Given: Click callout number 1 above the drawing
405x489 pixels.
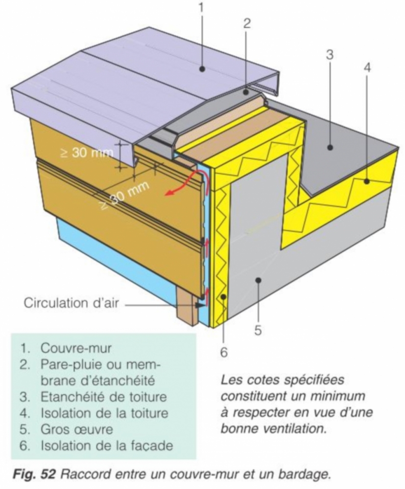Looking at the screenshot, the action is pyautogui.click(x=202, y=8).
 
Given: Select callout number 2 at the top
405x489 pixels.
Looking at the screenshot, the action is pyautogui.click(x=247, y=23).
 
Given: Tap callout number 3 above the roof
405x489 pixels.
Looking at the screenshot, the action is pyautogui.click(x=330, y=55).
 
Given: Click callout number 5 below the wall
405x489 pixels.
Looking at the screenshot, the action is pyautogui.click(x=258, y=330).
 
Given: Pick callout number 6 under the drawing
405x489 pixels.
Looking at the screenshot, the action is pyautogui.click(x=224, y=353).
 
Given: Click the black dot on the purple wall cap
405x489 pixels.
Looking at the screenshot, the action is pyautogui.click(x=202, y=69).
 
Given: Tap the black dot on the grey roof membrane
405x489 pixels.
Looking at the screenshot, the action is pyautogui.click(x=330, y=147).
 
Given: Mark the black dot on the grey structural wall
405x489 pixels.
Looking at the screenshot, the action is pyautogui.click(x=258, y=280).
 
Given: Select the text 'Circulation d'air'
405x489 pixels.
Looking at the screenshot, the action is pyautogui.click(x=71, y=303).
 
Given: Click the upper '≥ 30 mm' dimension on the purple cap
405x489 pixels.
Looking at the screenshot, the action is pyautogui.click(x=86, y=153).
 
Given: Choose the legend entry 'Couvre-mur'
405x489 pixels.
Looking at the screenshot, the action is pyautogui.click(x=76, y=348).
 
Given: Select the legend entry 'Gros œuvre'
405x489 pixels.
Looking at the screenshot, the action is pyautogui.click(x=76, y=429).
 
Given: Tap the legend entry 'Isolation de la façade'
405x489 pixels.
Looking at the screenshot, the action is pyautogui.click(x=106, y=445).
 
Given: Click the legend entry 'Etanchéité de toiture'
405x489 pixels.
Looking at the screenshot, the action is pyautogui.click(x=104, y=397).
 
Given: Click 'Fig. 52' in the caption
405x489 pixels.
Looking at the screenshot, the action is pyautogui.click(x=34, y=475).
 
